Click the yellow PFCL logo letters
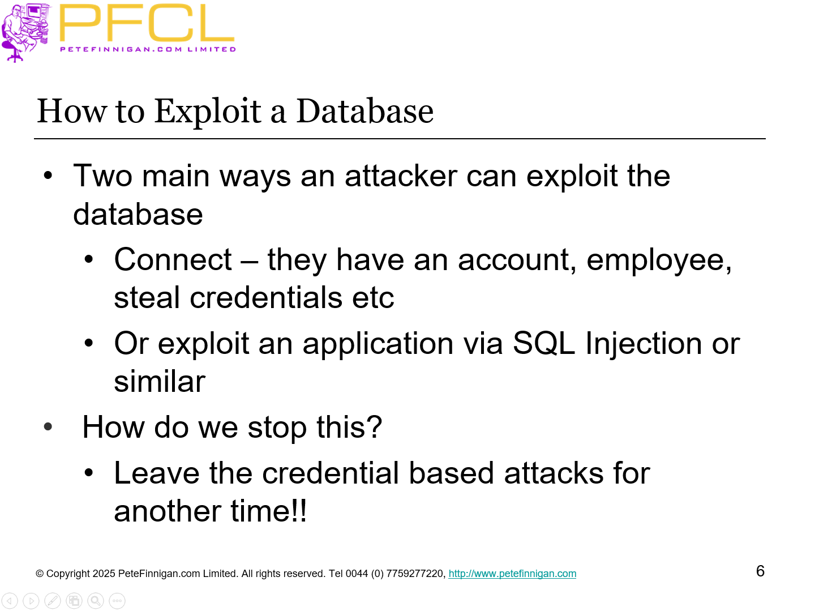point(146,24)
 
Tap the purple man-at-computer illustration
point(25,32)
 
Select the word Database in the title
point(364,111)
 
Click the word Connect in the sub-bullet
point(173,260)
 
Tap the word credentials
point(266,298)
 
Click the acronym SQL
point(543,344)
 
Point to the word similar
point(160,382)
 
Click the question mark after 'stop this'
point(374,427)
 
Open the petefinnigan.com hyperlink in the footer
point(512,574)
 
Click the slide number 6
point(760,571)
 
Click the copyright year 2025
point(104,574)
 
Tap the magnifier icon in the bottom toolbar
point(96,601)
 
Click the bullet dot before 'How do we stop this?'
point(48,427)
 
